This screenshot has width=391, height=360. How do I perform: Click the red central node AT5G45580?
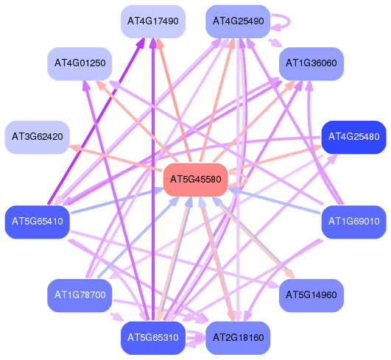pos(196,180)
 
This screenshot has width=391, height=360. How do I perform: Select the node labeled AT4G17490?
pos(153,21)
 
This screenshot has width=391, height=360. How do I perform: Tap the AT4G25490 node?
pos(238,21)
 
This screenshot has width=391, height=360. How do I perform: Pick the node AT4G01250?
pos(80,63)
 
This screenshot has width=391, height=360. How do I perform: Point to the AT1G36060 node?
pos(311,63)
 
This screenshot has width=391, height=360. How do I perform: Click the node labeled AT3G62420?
pos(38,137)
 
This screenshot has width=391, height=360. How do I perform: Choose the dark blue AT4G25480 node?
pos(354,137)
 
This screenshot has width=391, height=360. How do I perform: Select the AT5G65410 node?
pos(38,222)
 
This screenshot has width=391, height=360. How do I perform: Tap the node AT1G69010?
pos(354,222)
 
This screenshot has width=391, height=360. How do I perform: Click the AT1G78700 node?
pos(80,295)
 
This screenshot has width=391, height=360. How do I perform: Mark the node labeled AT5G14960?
pos(311,295)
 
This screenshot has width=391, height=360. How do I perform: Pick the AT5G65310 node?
pos(153,338)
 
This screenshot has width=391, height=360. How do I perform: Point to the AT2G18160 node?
pos(238,338)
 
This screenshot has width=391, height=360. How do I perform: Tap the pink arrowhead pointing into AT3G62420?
pos(75,148)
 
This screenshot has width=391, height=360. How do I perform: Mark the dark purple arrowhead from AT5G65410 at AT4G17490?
pos(141,43)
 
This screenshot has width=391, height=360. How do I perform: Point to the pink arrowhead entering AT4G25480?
pos(316,148)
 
